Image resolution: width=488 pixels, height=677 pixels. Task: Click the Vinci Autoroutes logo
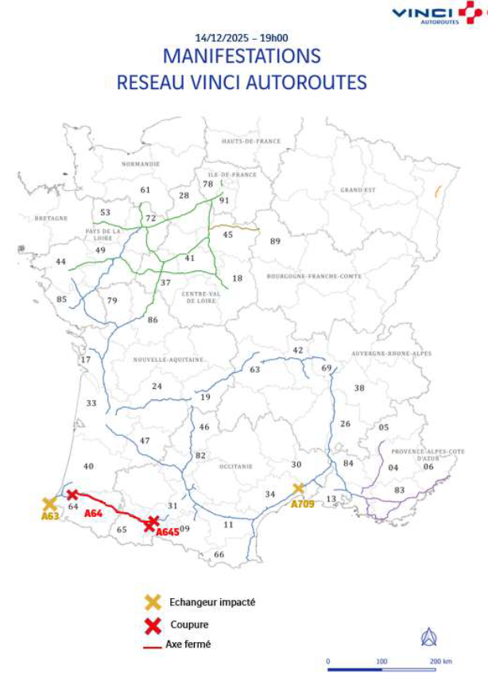pyautogui.click(x=436, y=14)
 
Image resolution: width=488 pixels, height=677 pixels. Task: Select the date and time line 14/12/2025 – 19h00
pyautogui.click(x=242, y=37)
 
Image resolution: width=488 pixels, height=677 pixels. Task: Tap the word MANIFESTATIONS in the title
pyautogui.click(x=242, y=56)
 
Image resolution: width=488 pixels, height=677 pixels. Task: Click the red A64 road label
pyautogui.click(x=93, y=514)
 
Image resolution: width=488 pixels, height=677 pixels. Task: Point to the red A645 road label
pyautogui.click(x=168, y=531)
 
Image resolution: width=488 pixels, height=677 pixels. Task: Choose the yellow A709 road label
pyautogui.click(x=304, y=504)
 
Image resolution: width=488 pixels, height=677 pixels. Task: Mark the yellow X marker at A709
pyautogui.click(x=299, y=488)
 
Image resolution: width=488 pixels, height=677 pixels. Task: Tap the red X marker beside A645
pyautogui.click(x=153, y=522)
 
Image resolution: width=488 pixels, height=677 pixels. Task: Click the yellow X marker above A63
pyautogui.click(x=49, y=503)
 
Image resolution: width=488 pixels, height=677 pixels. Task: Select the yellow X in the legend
pyautogui.click(x=153, y=603)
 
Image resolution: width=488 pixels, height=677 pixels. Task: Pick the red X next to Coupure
pyautogui.click(x=153, y=625)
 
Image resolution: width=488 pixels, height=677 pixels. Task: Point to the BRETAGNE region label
pyautogui.click(x=49, y=217)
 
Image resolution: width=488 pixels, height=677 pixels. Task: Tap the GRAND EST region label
pyautogui.click(x=358, y=190)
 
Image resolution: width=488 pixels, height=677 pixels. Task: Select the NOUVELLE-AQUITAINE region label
pyautogui.click(x=168, y=360)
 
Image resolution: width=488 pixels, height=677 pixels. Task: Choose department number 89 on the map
pyautogui.click(x=275, y=241)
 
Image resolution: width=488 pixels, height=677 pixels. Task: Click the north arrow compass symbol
pyautogui.click(x=428, y=636)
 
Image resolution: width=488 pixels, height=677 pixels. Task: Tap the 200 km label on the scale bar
pyautogui.click(x=440, y=661)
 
